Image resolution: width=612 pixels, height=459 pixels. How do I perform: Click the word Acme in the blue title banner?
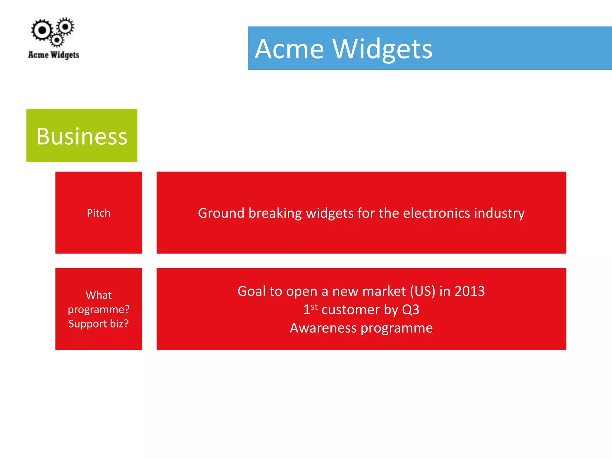(x=289, y=49)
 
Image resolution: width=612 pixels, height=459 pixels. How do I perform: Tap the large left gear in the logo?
(x=42, y=30)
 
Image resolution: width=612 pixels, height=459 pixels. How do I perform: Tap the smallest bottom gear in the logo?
(x=57, y=40)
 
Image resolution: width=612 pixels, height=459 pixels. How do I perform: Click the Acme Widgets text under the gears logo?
(x=53, y=55)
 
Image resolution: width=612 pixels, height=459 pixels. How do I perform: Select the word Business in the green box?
(x=82, y=136)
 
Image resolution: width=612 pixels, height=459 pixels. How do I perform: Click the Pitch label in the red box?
(x=99, y=213)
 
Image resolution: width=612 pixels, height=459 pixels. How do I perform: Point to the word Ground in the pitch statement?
(x=221, y=213)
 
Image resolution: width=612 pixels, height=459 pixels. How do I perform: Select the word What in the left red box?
(x=99, y=295)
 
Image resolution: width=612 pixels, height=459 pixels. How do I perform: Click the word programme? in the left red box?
(x=99, y=310)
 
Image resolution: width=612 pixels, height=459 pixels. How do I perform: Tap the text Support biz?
(x=99, y=324)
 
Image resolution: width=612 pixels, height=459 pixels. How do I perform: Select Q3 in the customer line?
(x=411, y=310)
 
